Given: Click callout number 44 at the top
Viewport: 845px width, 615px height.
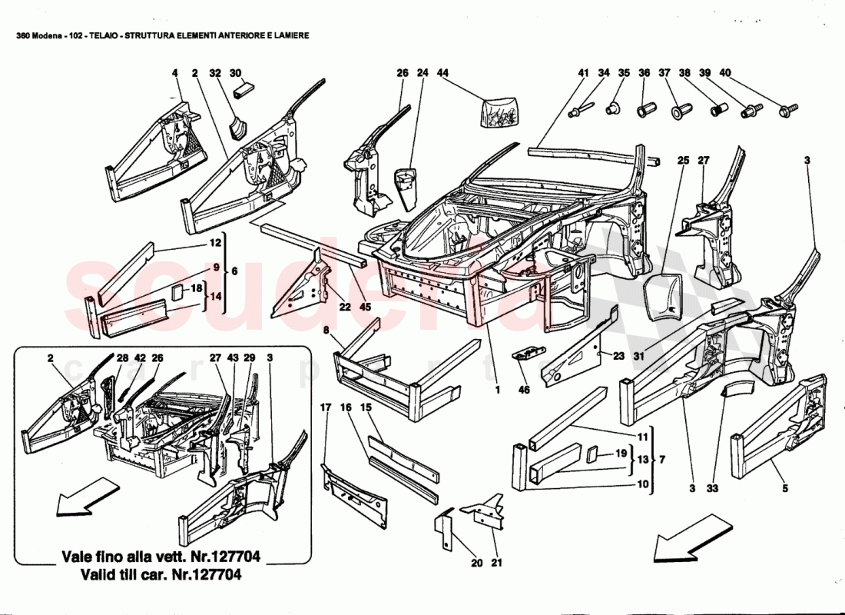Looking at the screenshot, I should [x=443, y=73].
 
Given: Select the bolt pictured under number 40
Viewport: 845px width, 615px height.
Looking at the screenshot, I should [x=787, y=111].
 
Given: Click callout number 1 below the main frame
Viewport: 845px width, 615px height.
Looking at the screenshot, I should [x=496, y=390].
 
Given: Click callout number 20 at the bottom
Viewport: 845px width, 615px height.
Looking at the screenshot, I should [x=476, y=563].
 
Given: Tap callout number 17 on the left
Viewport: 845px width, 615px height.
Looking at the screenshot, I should [x=325, y=407].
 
